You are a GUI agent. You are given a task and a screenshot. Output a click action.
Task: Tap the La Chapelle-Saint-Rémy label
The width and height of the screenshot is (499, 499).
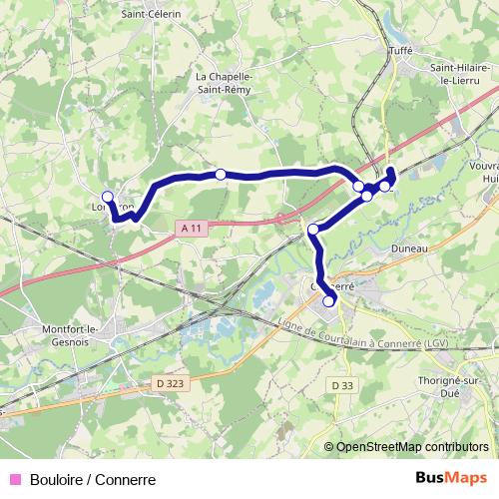224,82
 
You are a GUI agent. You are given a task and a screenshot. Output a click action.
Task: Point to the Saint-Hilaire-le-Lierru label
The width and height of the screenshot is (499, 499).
458,75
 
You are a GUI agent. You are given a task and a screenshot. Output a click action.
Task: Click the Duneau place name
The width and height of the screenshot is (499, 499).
409,248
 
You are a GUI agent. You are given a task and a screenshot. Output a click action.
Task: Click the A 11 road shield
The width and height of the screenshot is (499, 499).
192,229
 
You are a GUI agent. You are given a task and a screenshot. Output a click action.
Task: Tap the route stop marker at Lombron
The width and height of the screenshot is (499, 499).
108,197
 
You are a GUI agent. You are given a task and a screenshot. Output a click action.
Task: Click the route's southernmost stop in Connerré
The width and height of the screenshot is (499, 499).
329,301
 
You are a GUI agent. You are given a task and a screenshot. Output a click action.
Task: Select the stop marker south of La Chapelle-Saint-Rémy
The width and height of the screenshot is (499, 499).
221,175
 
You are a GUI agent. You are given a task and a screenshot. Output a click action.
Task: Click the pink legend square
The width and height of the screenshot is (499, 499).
14,479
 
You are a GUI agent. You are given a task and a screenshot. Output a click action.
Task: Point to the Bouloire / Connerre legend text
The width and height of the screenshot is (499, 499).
93,479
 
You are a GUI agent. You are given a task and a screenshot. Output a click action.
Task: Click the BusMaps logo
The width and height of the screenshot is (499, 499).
451,478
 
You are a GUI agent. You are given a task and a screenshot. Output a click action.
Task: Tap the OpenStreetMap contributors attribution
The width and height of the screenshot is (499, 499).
412,446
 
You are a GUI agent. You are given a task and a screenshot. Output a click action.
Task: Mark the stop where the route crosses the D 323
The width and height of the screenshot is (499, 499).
313,230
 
